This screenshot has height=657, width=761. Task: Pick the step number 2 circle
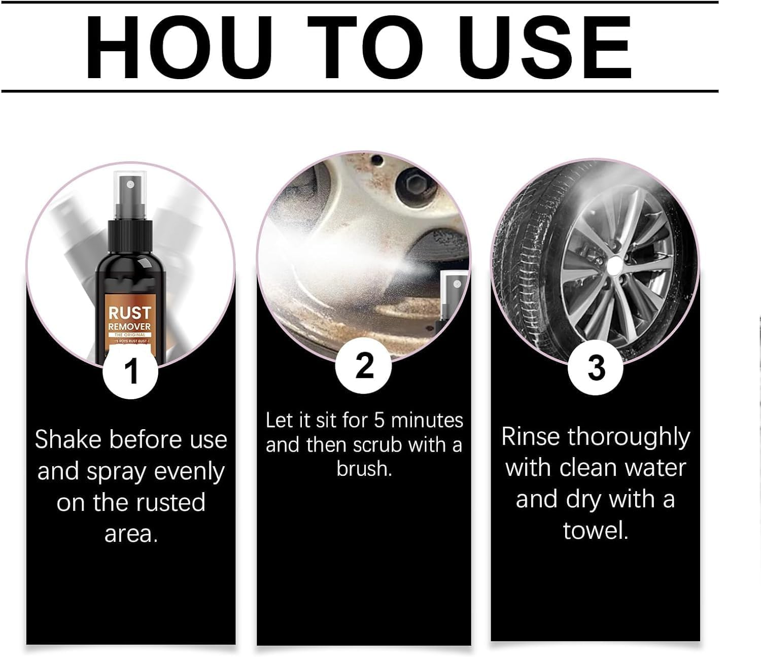coord(363,365)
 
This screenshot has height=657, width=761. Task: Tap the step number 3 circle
coord(596,367)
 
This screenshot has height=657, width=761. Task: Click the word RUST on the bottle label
coord(129,313)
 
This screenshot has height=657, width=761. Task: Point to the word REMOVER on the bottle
coord(129,326)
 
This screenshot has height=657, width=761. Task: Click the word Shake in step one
coord(68,439)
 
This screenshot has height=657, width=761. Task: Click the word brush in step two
coord(363,469)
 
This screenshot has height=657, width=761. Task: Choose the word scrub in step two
coord(377,445)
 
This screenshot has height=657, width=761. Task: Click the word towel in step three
coord(595,531)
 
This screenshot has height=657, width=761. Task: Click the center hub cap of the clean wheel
coord(613,264)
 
